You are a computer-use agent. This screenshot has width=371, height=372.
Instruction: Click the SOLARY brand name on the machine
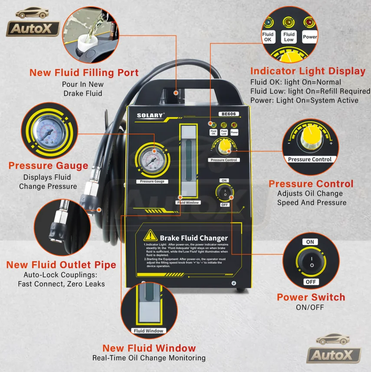(151, 115)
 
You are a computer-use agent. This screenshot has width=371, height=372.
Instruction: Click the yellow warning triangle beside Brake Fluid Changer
(150, 235)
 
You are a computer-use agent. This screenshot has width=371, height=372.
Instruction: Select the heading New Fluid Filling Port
(84, 72)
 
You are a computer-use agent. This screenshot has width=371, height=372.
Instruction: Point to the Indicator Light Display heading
(308, 71)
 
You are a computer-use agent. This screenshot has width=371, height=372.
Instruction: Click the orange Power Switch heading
(311, 297)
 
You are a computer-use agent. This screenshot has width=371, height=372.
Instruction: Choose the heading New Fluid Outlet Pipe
(61, 265)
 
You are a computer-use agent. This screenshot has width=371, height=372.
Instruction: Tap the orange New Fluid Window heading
(149, 348)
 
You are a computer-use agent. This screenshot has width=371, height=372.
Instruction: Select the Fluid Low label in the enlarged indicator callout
(289, 37)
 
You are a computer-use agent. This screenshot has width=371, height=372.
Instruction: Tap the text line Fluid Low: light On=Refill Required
(310, 91)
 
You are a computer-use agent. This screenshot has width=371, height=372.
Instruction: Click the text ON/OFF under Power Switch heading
(311, 308)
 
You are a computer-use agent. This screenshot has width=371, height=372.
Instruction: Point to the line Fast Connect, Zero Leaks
(61, 284)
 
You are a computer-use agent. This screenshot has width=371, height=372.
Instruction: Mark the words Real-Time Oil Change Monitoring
(149, 358)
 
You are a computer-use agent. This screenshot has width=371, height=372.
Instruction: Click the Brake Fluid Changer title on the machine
(194, 238)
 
